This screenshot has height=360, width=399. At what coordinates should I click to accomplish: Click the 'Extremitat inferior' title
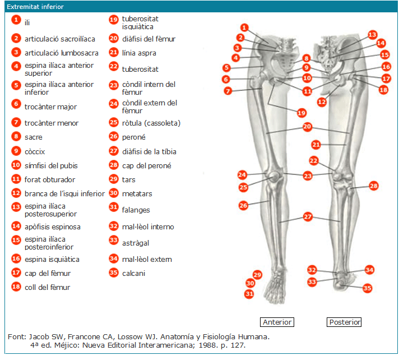35,7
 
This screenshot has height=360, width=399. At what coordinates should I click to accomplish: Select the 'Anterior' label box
277,322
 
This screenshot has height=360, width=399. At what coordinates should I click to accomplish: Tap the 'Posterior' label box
344,322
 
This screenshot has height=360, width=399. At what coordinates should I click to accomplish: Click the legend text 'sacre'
34,137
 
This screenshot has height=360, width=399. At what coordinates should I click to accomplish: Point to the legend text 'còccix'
35,151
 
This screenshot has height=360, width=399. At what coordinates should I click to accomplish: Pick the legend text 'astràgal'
136,243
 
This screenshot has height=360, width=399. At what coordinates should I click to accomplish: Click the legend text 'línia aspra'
139,53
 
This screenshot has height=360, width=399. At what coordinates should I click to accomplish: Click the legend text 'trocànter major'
51,107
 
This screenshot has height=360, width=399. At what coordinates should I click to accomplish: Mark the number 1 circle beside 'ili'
16,20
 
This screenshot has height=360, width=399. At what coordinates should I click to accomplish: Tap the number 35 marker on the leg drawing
368,288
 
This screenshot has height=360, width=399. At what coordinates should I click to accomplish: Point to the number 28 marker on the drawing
374,185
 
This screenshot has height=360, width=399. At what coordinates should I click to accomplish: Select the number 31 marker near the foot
249,293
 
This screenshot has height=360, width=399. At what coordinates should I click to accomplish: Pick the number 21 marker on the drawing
317,145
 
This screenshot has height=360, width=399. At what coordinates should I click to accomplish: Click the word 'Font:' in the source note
17,336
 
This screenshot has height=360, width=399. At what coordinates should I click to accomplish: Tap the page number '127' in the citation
238,345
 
